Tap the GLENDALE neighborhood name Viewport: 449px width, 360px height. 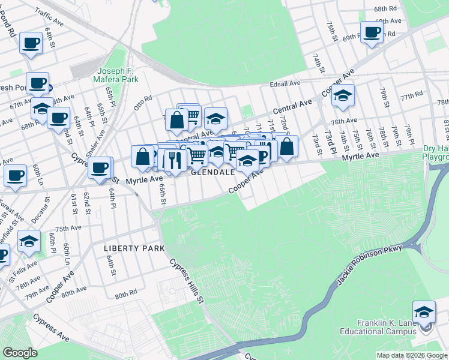tap(212, 172)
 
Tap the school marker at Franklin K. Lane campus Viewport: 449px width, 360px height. tap(424, 311)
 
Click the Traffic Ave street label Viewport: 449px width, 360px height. tap(66, 13)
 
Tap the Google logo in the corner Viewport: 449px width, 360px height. tap(20, 353)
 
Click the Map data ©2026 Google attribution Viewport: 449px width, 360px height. tap(411, 355)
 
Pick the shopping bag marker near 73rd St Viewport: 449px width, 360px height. tap(287, 146)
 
